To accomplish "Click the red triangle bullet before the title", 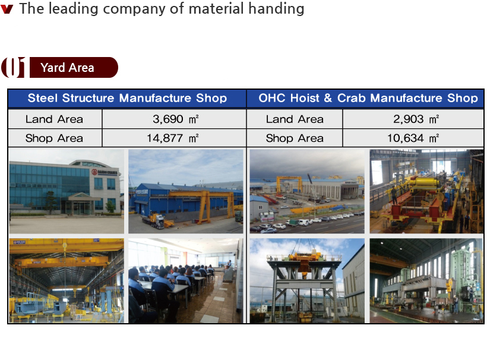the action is pos(7,9).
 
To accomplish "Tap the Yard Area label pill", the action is pos(74,67).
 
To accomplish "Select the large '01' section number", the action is pos(13,67).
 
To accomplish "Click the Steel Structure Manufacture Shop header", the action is pos(127,98).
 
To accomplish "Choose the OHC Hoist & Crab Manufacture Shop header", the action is pos(368,98).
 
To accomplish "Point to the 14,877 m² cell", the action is pos(174,138).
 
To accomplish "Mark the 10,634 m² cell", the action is pos(413,138).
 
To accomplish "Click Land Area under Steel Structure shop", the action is pos(55,119).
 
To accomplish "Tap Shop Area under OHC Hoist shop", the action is pos(295,138).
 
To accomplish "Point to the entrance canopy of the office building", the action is pos(80,197).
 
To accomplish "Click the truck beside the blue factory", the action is pos(154,220).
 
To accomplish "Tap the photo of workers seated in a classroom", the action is pos(186,281).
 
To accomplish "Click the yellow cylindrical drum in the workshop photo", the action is pos(424,182).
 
